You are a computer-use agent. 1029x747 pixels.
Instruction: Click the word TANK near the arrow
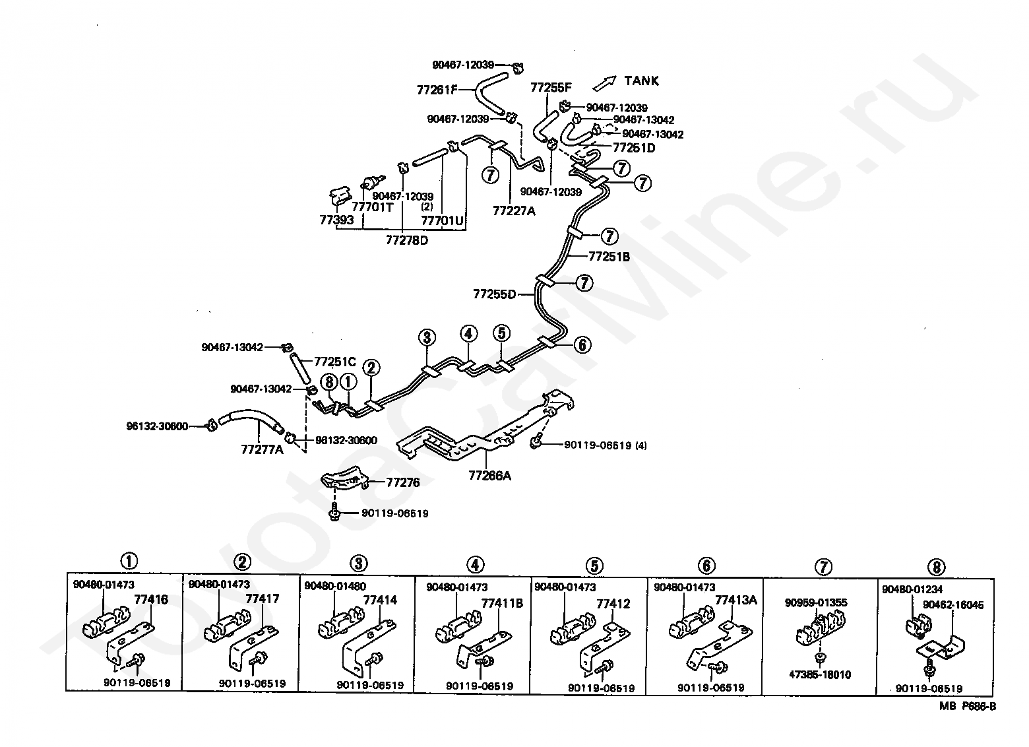coord(641,81)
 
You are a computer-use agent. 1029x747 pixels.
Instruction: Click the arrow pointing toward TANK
coord(604,82)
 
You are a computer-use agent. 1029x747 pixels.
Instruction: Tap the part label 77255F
coord(551,87)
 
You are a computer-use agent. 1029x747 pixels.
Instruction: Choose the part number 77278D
coord(407,240)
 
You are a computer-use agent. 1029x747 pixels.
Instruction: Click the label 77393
coord(336,220)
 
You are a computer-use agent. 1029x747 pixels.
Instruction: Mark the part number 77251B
coord(609,257)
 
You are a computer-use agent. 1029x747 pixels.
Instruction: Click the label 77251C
coord(334,362)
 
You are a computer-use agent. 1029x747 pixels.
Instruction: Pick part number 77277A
coord(262,450)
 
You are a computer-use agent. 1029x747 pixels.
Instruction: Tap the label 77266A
coord(490,474)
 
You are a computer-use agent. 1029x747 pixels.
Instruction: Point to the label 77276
coord(402,482)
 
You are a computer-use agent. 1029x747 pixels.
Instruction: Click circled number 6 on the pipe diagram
coord(582,344)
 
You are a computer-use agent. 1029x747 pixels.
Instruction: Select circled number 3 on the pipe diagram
coord(427,338)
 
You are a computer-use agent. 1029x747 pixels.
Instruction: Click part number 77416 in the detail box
coord(151,600)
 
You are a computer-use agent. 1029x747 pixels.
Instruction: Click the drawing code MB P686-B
coord(968,706)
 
